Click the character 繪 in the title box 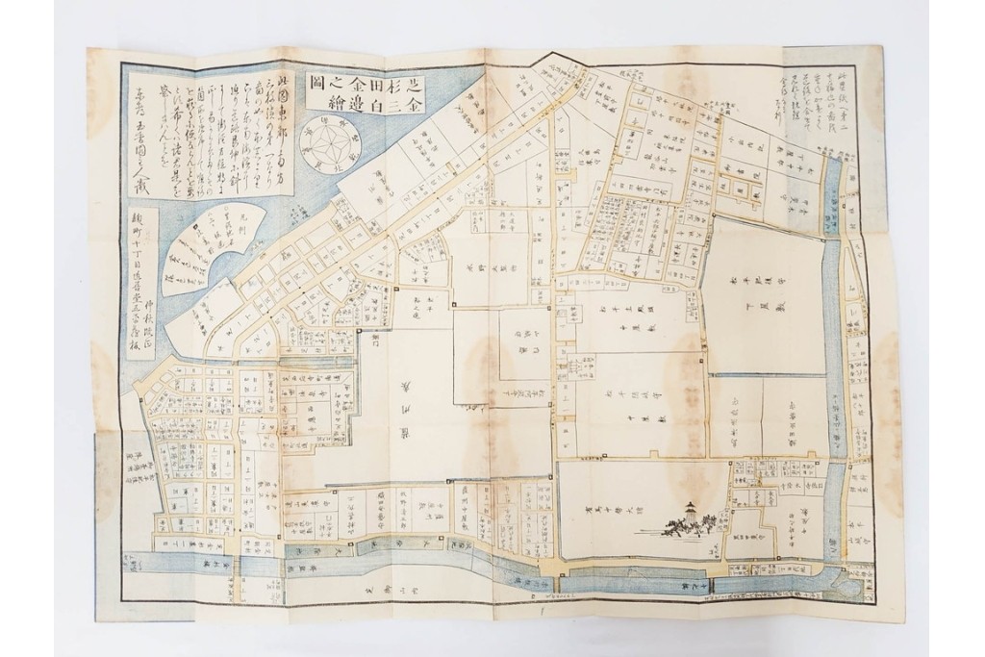point(316,103)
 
